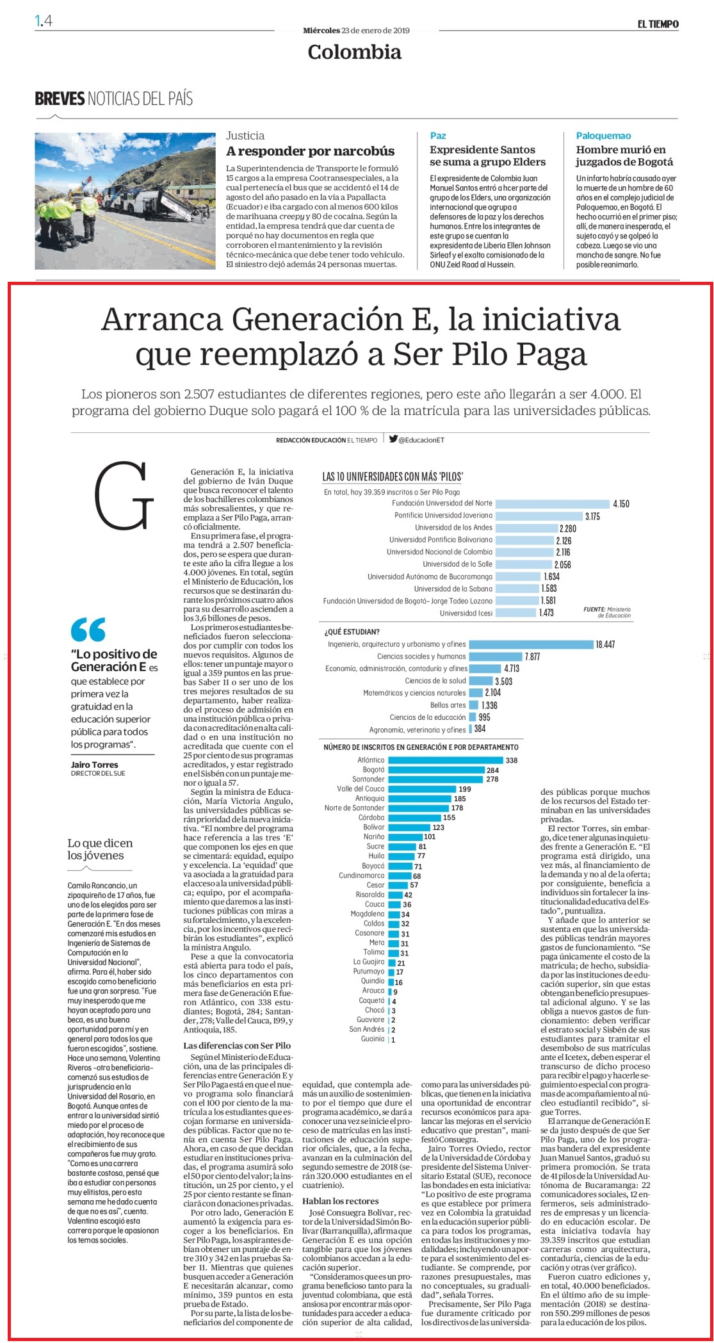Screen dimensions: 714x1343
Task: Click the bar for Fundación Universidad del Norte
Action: point(553,503)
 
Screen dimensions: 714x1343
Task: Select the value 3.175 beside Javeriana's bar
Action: point(592,516)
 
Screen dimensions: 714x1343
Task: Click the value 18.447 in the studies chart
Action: point(605,644)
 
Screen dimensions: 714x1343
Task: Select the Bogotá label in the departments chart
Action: point(373,770)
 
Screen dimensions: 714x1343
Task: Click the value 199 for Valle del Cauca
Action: point(464,789)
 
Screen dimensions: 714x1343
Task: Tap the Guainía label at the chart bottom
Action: point(373,1039)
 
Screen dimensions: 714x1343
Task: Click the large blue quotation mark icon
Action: point(88,630)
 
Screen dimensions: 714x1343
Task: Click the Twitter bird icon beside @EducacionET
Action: point(393,439)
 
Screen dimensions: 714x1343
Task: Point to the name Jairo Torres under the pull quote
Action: point(94,765)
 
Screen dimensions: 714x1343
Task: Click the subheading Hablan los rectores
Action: point(340,1201)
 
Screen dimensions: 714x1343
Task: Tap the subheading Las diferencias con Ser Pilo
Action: point(237,1045)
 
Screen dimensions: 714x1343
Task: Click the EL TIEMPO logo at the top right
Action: point(658,24)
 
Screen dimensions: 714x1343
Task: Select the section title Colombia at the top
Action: point(354,52)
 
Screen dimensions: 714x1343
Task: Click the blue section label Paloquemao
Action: point(603,136)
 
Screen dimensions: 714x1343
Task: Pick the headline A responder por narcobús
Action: point(311,151)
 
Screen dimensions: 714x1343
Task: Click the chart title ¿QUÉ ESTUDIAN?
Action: point(352,632)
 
